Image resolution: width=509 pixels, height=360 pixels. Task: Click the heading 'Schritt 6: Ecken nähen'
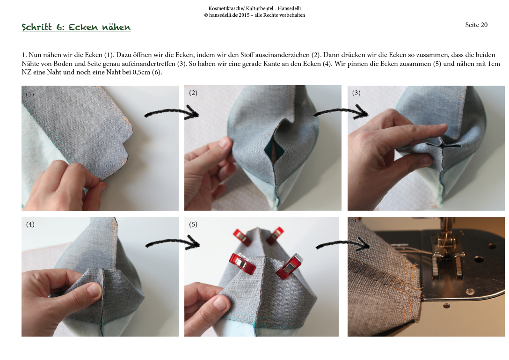76,27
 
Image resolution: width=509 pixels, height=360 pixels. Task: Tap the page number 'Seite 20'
476,25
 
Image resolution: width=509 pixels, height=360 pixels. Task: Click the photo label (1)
30,94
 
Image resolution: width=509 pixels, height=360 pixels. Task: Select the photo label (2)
193,93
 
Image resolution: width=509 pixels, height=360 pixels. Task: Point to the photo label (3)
356,93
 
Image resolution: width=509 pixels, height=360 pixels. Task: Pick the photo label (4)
30,225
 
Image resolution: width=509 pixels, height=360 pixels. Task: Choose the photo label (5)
193,225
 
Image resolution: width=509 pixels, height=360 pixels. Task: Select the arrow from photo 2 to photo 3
341,112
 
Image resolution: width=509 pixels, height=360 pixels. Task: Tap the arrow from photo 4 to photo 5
173,242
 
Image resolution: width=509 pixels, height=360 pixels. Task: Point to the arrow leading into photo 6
343,243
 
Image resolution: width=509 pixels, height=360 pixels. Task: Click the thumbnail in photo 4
94,289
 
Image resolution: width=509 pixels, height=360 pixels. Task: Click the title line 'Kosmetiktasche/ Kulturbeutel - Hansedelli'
254,8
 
